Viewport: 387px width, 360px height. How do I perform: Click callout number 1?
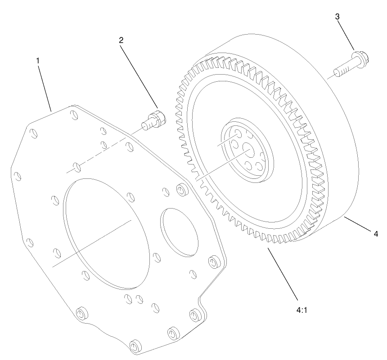point(38,60)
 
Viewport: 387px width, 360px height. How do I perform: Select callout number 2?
point(121,40)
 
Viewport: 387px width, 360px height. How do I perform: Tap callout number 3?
point(337,17)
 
